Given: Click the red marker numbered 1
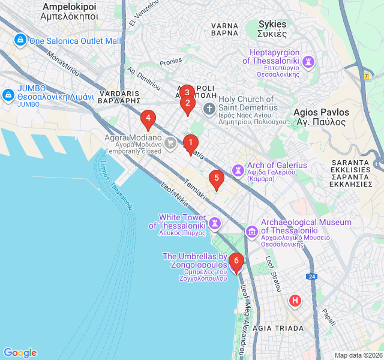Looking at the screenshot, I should point(190,143).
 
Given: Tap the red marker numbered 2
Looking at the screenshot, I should point(187,104).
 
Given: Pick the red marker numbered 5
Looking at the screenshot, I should point(216,178).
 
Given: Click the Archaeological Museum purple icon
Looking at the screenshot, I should point(252,230).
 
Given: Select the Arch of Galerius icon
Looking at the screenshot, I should point(239,170).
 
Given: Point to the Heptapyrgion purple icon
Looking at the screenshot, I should point(308,61).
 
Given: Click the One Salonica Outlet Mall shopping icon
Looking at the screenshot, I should point(20,40).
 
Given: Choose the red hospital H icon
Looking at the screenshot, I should point(295,300).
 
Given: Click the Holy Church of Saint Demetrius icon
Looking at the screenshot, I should point(209,109).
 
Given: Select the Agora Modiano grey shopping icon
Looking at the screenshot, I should point(171,143).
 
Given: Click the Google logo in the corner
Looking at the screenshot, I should point(20,353).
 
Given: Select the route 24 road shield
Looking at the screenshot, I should point(311,276).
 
